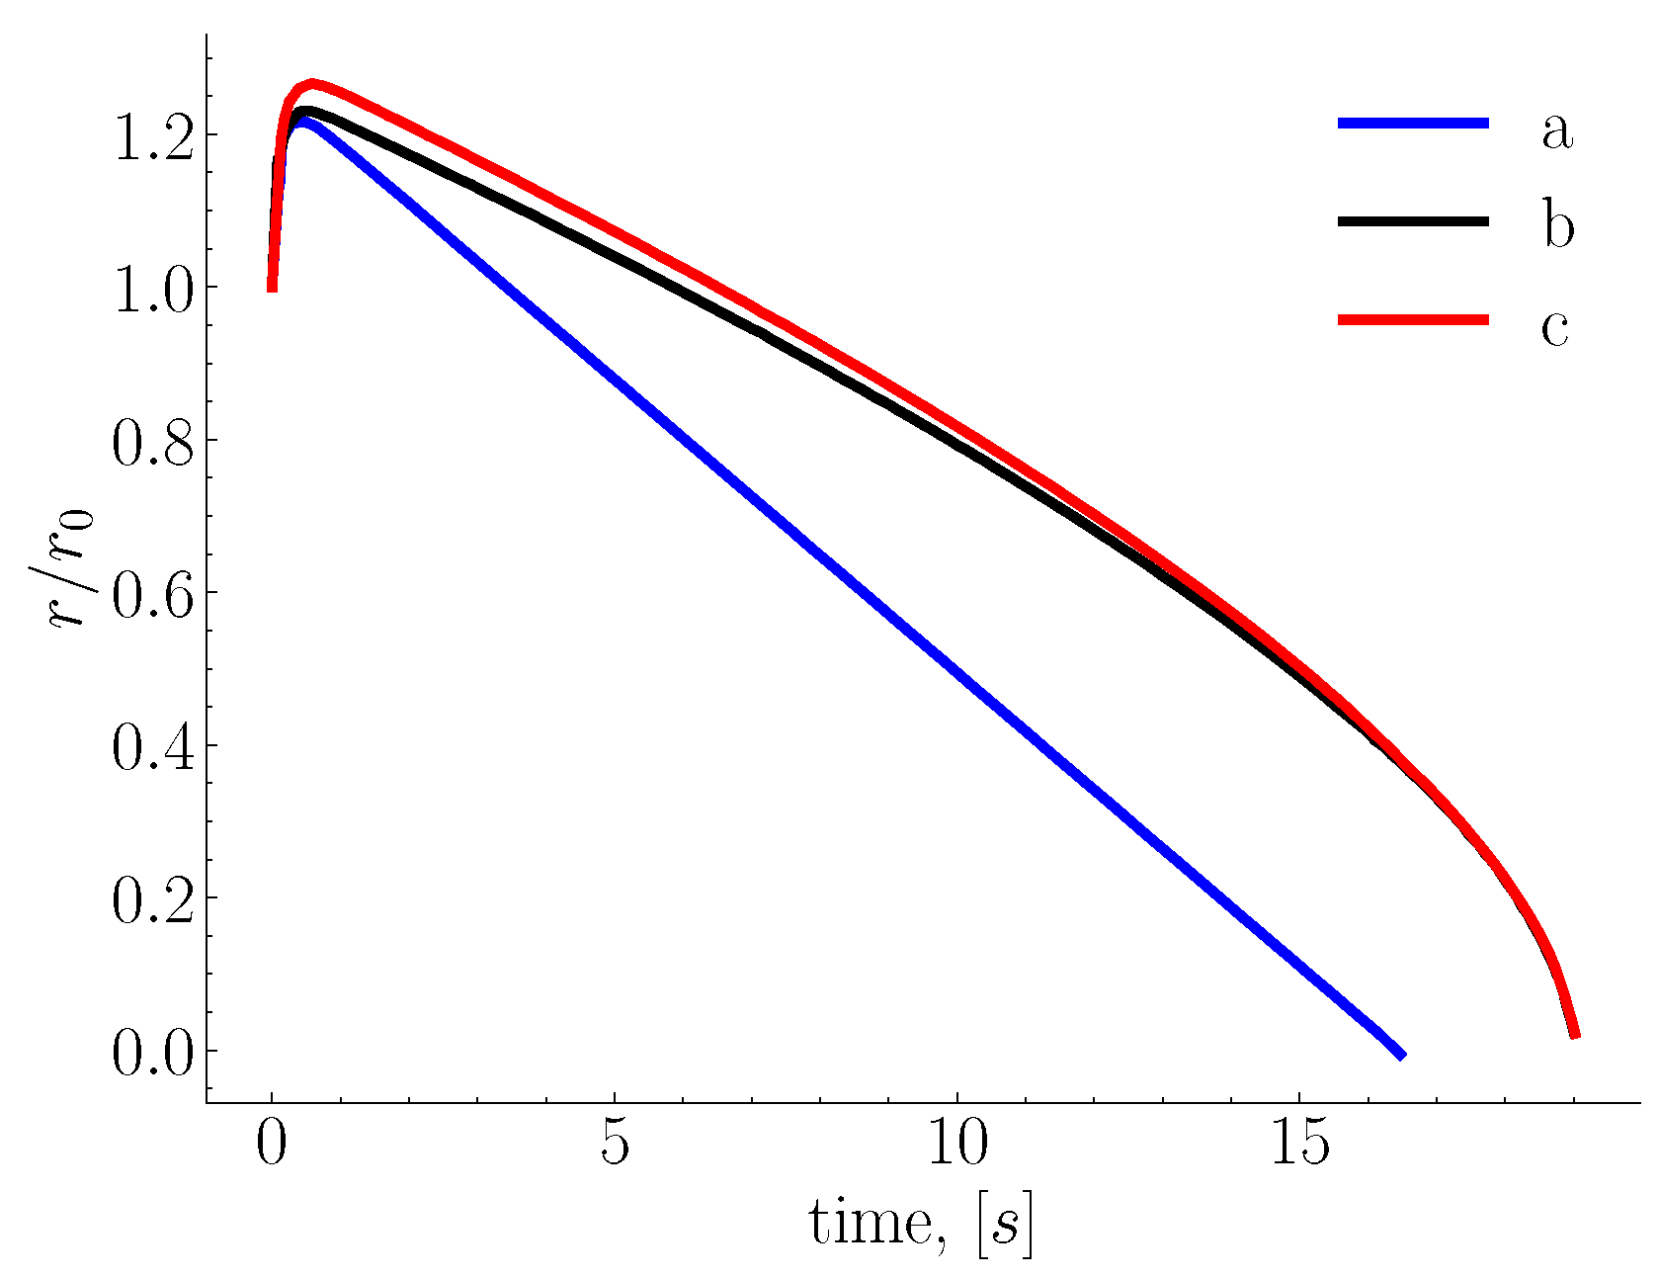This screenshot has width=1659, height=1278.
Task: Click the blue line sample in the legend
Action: (x=1413, y=123)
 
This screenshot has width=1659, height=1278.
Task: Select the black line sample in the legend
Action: (x=1413, y=221)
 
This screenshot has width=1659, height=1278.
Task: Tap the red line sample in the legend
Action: (x=1413, y=319)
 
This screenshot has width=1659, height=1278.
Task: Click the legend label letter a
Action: (x=1556, y=130)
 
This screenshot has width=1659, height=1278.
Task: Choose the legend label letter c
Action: (x=1554, y=327)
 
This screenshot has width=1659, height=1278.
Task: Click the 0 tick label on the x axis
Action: (x=272, y=1145)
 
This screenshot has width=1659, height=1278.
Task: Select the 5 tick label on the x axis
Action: (x=615, y=1145)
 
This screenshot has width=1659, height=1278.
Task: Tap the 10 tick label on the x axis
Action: (x=957, y=1145)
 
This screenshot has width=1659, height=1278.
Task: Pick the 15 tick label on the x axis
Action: (x=1299, y=1145)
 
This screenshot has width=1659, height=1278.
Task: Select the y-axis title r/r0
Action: (x=71, y=568)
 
